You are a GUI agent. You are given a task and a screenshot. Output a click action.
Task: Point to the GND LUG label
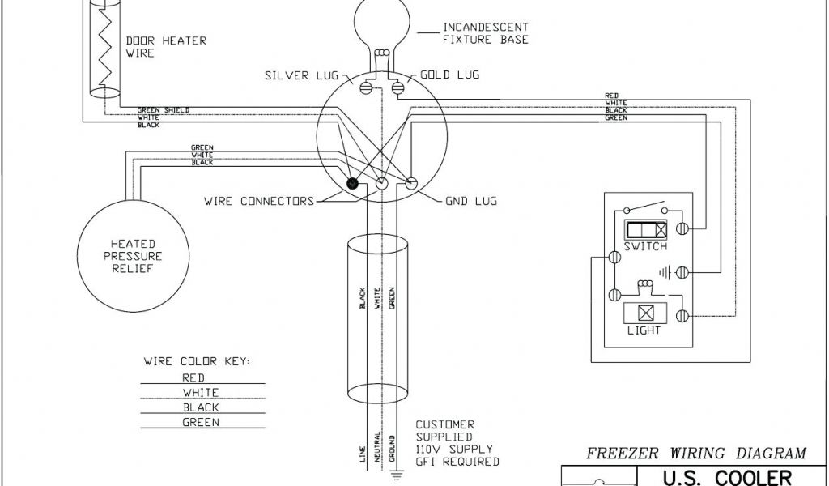pos(470,200)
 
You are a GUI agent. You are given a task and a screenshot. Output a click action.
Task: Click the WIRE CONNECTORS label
pos(258,200)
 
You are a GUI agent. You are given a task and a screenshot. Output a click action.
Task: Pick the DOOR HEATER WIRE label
pos(155,47)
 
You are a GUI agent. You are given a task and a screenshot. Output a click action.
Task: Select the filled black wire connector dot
pos(353,184)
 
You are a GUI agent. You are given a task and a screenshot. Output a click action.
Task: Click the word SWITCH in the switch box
pos(644,246)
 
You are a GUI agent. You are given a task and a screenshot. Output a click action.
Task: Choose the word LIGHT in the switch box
pos(644,330)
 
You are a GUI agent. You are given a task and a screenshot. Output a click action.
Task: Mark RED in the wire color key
pos(194,377)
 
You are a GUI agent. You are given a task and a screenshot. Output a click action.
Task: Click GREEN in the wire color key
pos(200,422)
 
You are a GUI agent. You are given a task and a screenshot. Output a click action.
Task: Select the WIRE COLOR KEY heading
pos(197,360)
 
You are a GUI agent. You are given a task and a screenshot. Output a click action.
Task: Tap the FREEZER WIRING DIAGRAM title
pos(696,454)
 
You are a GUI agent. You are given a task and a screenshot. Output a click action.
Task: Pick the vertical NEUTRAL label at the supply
pos(376,450)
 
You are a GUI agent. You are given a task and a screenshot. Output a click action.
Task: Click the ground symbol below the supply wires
pos(391,471)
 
